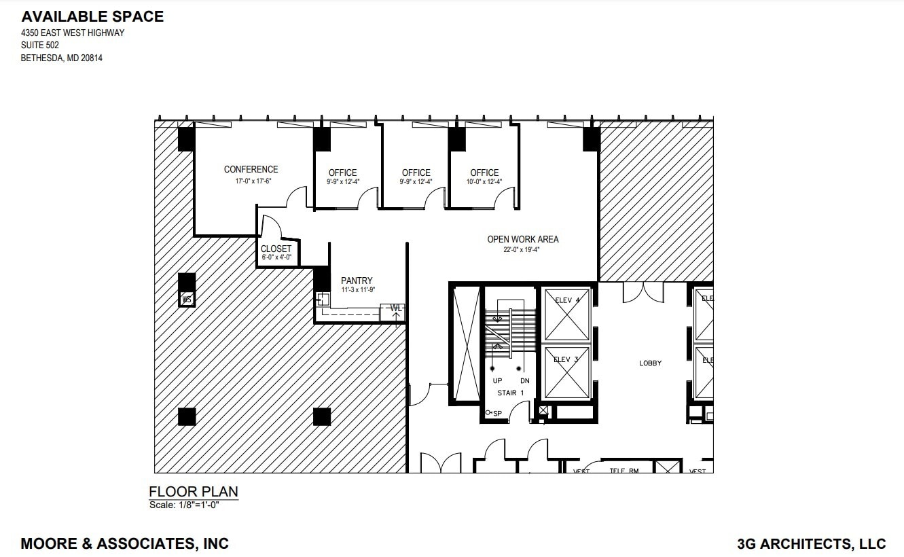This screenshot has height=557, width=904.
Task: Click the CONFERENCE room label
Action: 251,169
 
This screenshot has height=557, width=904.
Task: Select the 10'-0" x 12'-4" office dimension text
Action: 484,182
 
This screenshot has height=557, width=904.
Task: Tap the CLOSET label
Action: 276,249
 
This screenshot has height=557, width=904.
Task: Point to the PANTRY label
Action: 357,281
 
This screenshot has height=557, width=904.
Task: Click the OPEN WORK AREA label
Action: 523,239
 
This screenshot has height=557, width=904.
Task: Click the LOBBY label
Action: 650,363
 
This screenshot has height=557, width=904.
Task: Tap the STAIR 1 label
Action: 511,393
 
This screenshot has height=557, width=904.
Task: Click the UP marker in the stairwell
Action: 497,381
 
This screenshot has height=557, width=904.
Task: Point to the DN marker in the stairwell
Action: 524,381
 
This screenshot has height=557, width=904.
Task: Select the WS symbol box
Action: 187,299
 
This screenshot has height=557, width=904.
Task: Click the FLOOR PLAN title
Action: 193,492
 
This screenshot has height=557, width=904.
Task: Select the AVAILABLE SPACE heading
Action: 92,16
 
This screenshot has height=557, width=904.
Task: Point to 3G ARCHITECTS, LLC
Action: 811,543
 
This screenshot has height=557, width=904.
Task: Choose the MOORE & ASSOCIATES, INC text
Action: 125,543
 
